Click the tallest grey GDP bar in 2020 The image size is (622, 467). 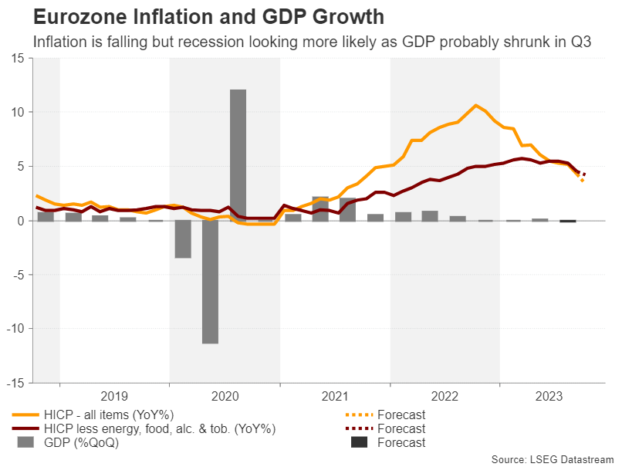[238, 154]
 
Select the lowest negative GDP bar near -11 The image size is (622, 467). [210, 282]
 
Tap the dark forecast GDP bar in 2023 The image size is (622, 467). [568, 222]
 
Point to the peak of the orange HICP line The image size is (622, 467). [475, 105]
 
